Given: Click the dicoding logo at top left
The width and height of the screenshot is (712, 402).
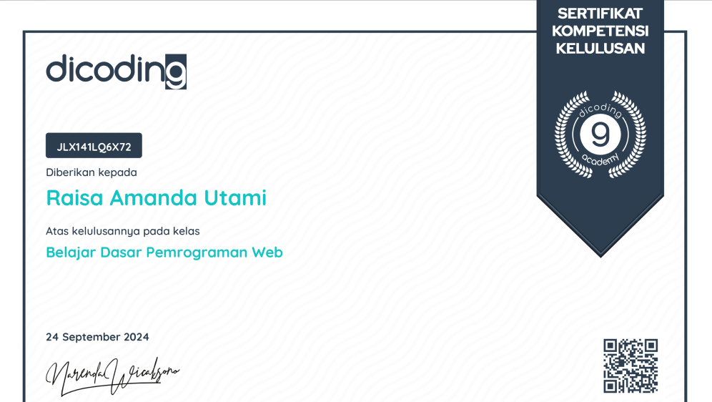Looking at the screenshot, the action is [117, 72].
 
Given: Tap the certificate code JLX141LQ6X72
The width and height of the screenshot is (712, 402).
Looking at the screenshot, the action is [94, 147].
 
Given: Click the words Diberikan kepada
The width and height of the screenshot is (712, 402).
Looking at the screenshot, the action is [92, 172].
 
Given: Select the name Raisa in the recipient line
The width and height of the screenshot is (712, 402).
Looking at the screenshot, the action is [75, 197].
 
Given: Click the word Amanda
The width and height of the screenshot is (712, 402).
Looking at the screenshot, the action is [154, 197].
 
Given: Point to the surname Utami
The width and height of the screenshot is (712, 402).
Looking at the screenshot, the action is [235, 197].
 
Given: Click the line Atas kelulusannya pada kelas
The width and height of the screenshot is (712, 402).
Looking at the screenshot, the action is [123, 231].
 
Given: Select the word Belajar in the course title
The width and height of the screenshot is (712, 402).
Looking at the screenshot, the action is [70, 253].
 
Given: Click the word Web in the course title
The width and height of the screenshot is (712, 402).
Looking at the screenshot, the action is [267, 252].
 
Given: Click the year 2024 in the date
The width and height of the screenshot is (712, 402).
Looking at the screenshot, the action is [137, 337].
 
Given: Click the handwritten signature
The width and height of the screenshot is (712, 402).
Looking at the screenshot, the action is [112, 376].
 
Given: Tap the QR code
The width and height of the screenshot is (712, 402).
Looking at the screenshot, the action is [631, 366].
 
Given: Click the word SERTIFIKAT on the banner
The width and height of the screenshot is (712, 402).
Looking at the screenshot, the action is [600, 14].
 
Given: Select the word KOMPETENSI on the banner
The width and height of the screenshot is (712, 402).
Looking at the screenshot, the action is [600, 31].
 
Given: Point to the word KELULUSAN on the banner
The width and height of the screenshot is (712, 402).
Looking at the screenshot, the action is [600, 48].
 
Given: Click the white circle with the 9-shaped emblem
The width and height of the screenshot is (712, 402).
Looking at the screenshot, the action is [600, 134].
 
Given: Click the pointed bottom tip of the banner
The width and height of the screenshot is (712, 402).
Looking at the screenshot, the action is [600, 257].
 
